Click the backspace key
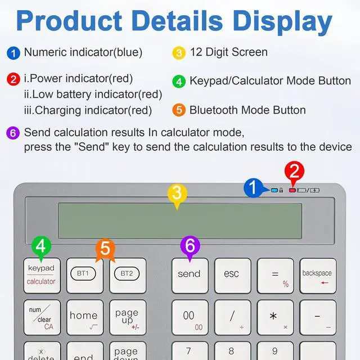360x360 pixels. [318, 275]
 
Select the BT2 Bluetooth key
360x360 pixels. [128, 275]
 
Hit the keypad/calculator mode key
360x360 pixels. [42, 275]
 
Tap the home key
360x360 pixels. [84, 317]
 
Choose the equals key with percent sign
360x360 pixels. [275, 275]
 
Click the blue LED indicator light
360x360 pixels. [274, 190]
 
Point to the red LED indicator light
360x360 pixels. [292, 190]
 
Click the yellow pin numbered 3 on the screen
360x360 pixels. [177, 194]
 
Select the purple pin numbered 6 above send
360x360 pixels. [190, 246]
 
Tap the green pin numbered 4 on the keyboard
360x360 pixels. [41, 246]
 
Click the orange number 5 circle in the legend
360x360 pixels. [179, 110]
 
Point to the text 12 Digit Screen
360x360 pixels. [228, 52]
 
